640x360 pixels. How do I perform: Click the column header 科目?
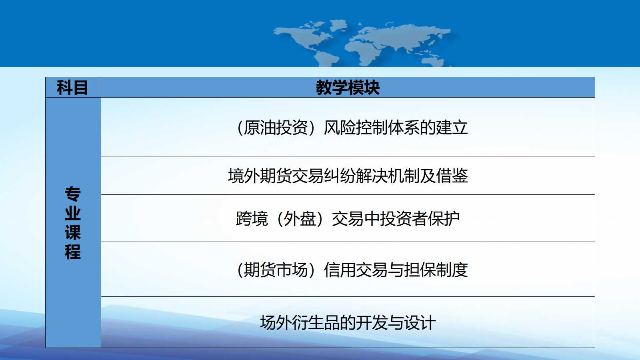pos(72,88)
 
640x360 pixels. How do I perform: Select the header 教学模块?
pos(348,88)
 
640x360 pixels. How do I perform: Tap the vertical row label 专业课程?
pos(72,223)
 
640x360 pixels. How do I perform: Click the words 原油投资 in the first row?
pos(276,128)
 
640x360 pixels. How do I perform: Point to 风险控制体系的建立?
pos(396,128)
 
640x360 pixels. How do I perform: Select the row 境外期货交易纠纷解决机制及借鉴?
pos(348,176)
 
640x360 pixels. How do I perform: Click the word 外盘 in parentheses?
pos(300,218)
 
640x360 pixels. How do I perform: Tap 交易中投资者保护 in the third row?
pos(396,218)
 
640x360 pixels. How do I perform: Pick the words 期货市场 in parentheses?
pos(276,270)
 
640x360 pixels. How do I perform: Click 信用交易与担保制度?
pos(396,270)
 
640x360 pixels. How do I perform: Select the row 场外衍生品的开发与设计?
pos(348,322)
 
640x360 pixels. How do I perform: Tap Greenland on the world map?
pos(339,25)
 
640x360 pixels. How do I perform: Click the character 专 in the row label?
pos(72,194)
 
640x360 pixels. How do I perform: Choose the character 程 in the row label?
pos(72,252)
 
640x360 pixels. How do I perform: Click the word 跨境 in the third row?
pos(252,218)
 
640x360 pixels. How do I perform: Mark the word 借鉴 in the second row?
pos(452,176)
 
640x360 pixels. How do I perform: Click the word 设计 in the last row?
pos(420,322)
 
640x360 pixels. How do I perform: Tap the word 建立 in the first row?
pos(452,128)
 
